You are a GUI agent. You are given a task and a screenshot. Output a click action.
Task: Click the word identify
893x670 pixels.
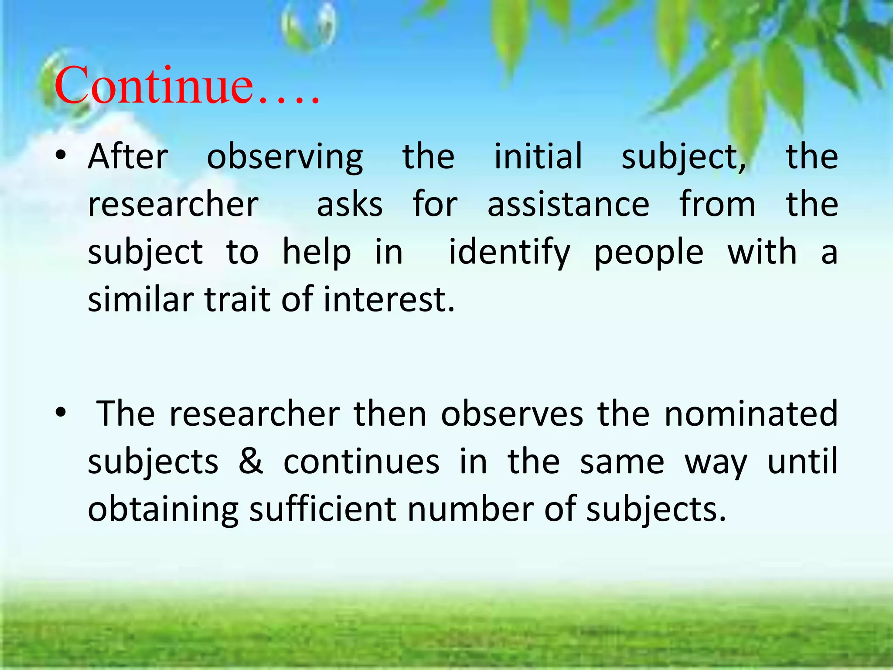(x=509, y=253)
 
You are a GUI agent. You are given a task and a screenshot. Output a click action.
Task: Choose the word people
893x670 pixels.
(x=649, y=253)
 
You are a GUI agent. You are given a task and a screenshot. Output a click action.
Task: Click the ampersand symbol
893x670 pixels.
(x=251, y=461)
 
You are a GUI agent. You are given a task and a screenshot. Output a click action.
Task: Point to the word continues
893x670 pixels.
(x=361, y=461)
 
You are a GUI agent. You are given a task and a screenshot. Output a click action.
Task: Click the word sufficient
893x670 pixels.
(x=323, y=509)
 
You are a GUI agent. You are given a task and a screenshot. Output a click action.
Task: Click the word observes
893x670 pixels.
(x=512, y=413)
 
